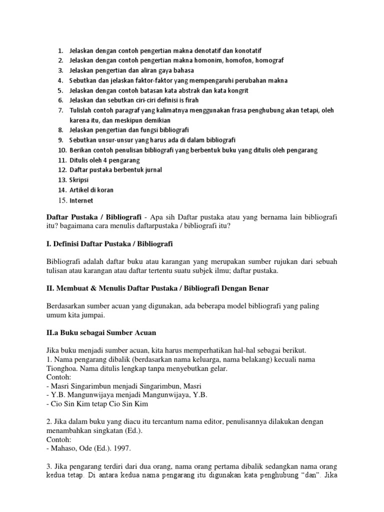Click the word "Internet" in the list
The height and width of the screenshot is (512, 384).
coord(81,200)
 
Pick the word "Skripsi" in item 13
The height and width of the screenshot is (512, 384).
coord(80,179)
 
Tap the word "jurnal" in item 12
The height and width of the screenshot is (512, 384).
coord(151,169)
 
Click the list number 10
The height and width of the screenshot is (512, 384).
coord(61,150)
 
